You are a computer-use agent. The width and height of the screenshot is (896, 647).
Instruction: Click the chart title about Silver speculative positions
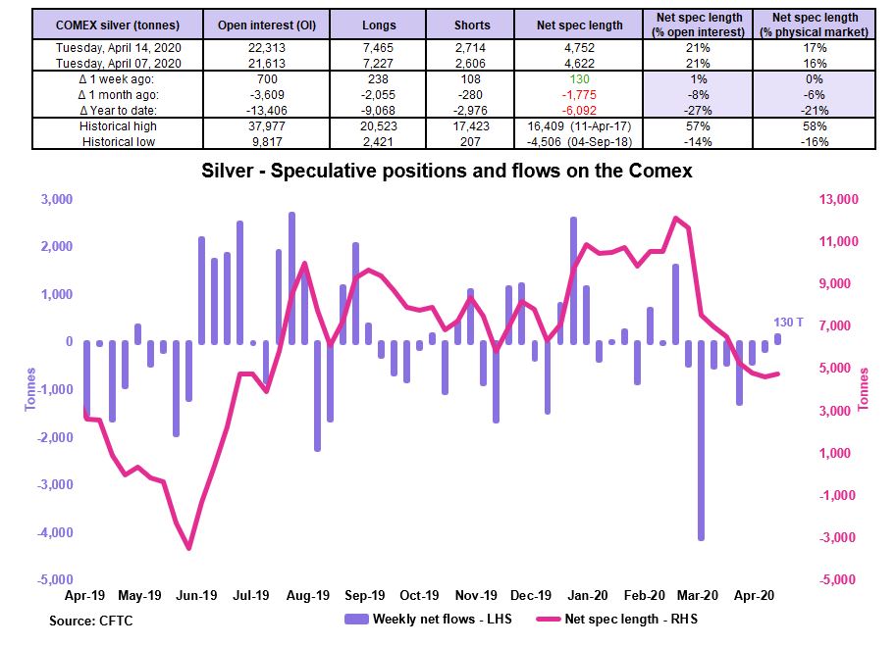447,172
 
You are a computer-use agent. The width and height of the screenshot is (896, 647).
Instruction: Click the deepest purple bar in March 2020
701,440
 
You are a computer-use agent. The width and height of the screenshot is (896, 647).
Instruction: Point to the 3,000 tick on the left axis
56,199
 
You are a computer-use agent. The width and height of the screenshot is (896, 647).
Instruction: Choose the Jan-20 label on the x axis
589,595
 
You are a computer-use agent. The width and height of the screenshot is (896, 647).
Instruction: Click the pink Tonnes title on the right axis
864,389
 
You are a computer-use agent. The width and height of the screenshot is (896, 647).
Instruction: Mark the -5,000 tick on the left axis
54,580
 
